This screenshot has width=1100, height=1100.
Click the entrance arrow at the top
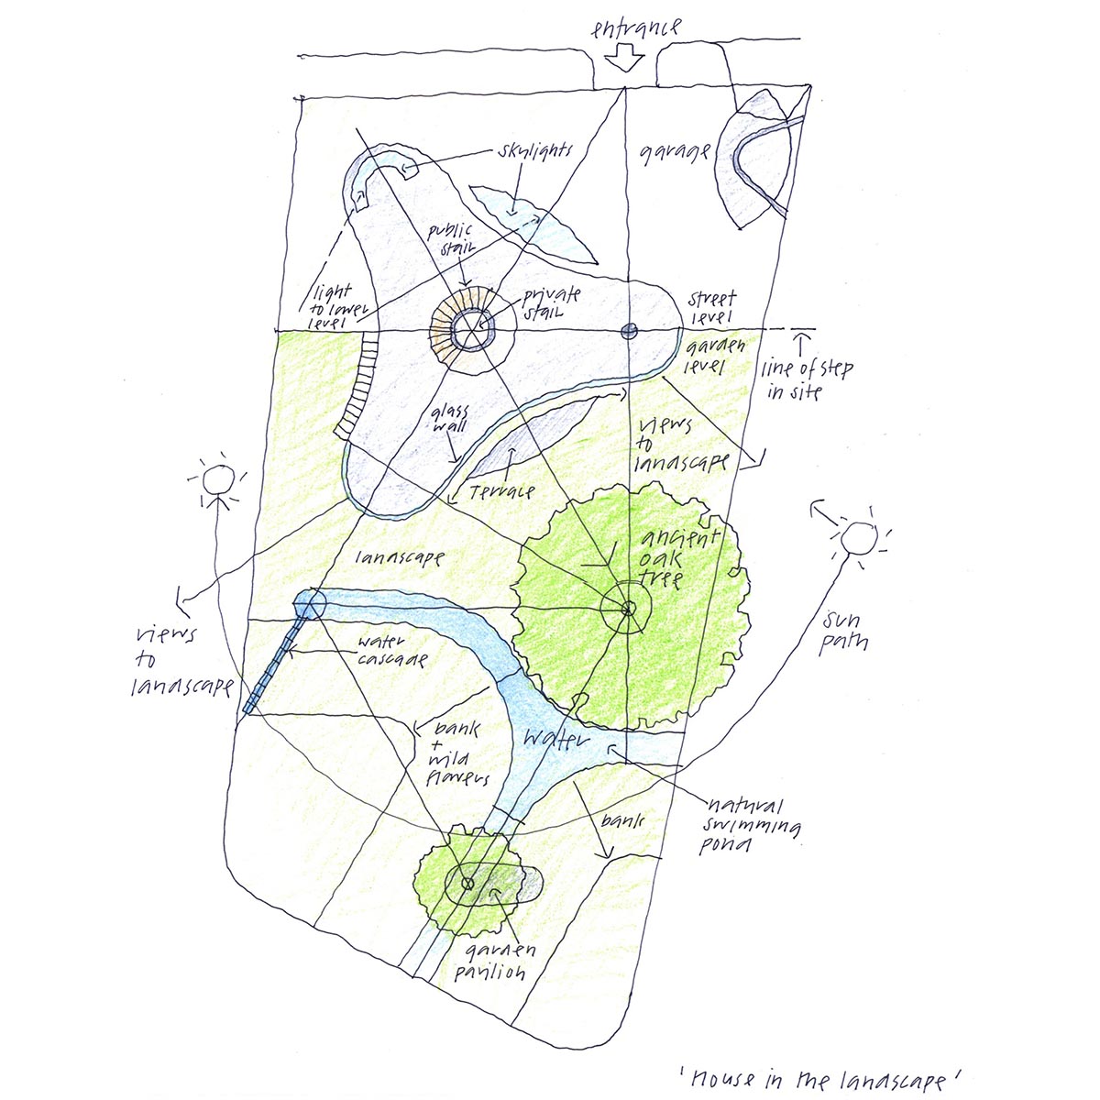tap(625, 60)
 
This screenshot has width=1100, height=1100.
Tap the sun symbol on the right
tap(860, 539)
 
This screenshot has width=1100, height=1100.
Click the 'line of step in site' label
tap(807, 380)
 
